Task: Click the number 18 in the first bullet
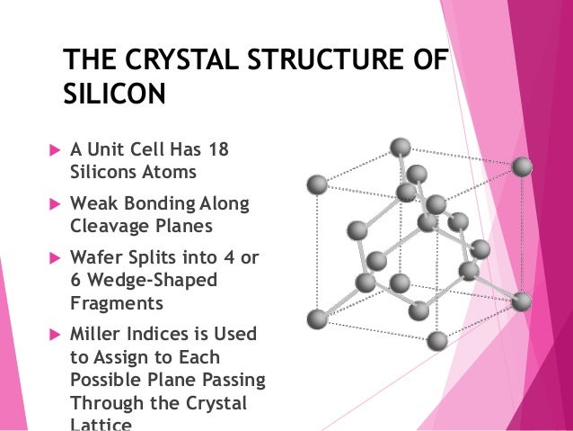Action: [218, 148]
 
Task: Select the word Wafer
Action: [96, 259]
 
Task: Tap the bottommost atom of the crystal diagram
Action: [437, 340]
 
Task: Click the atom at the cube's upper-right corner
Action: [522, 166]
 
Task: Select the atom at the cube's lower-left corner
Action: [316, 319]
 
